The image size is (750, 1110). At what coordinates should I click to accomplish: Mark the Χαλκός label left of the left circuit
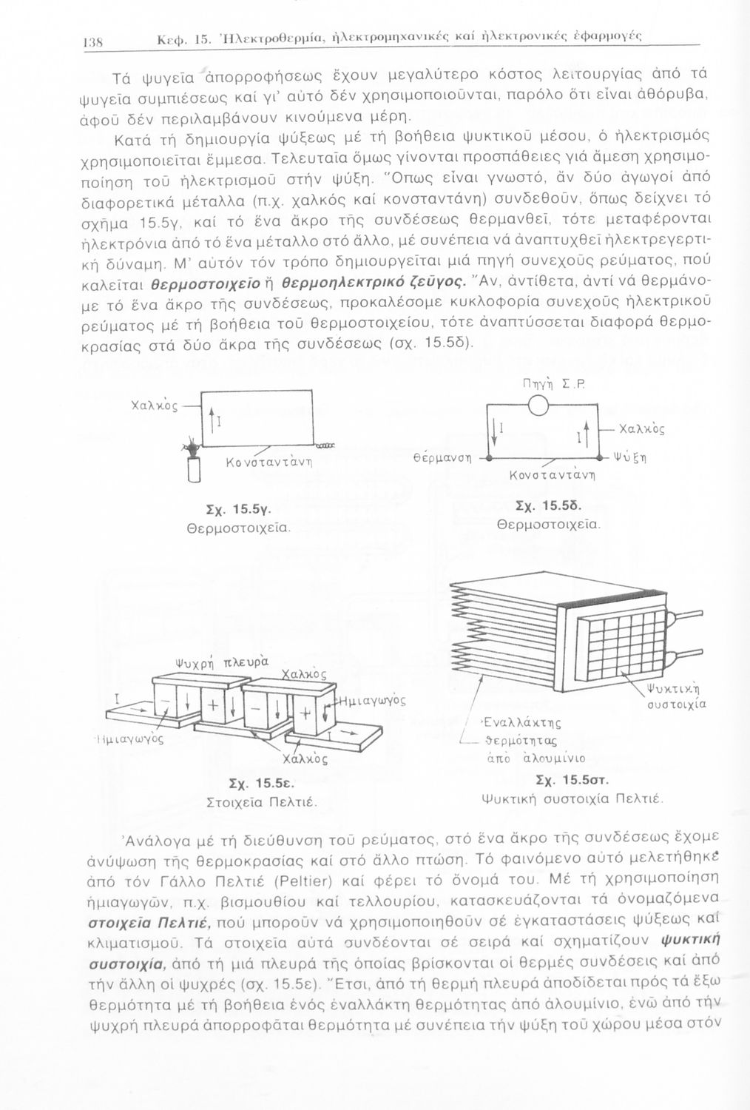tap(154, 406)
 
